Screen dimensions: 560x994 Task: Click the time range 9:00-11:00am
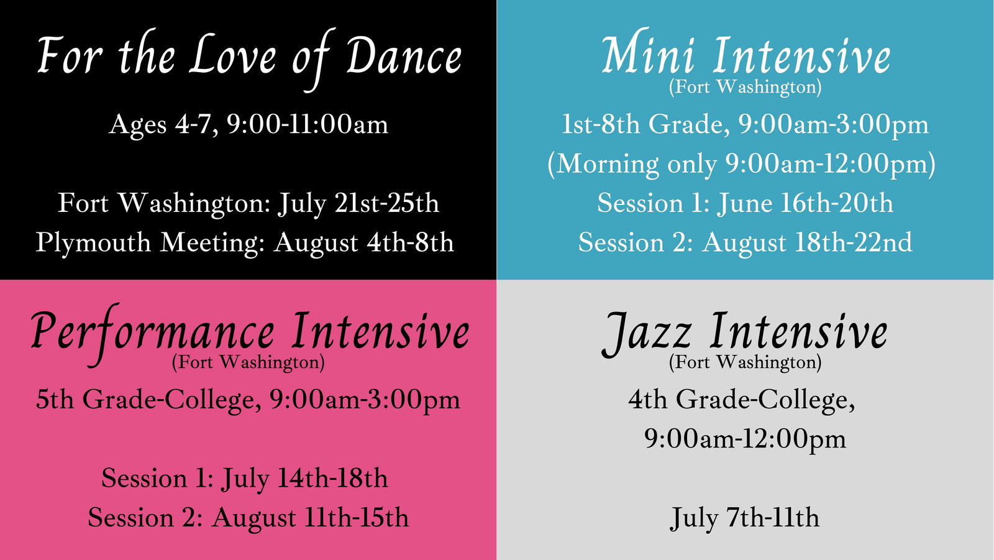coord(308,124)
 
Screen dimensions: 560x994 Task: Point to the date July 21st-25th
coord(358,203)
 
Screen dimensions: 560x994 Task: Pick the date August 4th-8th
coord(363,243)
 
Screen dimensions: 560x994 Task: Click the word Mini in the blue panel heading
coord(648,56)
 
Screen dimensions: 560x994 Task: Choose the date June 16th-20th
coord(805,203)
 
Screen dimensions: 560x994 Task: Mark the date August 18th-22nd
coord(807,243)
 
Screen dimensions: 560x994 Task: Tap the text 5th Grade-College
coord(148,399)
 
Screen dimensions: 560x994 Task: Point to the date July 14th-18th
coord(304,479)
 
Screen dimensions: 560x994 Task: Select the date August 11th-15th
coord(310,518)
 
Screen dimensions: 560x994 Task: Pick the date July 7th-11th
coord(745,518)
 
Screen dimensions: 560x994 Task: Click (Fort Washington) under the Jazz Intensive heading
coord(745,362)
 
